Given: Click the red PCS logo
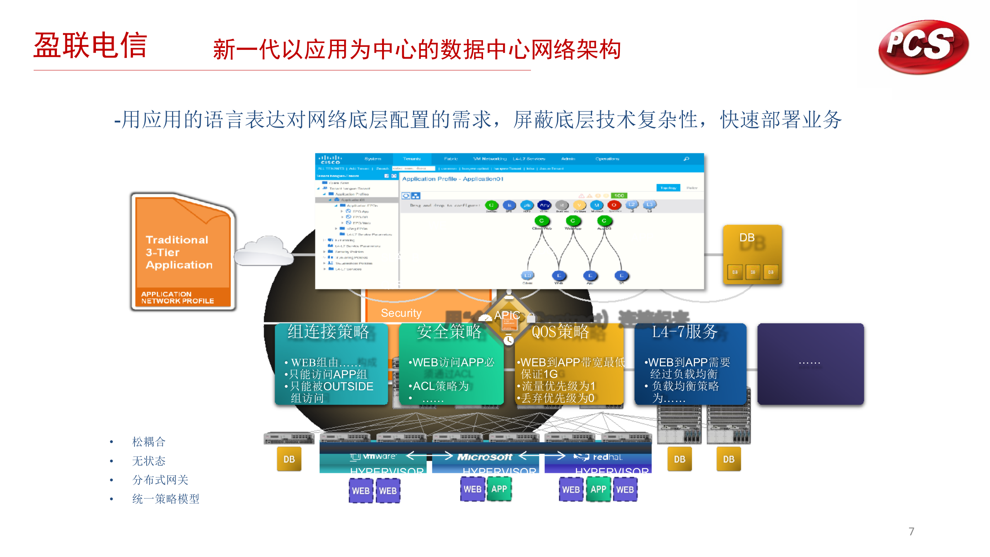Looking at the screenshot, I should (x=923, y=46).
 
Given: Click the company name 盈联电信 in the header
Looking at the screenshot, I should (x=90, y=46).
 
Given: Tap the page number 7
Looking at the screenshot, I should (x=911, y=531).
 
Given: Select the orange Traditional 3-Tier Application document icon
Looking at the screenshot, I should (x=183, y=251).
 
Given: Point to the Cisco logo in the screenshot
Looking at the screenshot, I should (x=330, y=159).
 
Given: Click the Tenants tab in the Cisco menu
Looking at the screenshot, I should (x=411, y=159).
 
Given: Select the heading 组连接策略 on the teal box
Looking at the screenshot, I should (x=328, y=332).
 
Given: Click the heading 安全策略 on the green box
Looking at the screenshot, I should (x=449, y=332).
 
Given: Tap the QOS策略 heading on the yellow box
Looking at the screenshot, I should (x=560, y=332).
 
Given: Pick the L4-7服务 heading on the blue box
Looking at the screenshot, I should (x=684, y=332).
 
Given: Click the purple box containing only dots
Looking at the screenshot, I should (x=810, y=364).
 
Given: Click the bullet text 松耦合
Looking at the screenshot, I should (x=149, y=442).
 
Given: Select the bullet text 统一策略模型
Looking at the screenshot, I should (x=166, y=499).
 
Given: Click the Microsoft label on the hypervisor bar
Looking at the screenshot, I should (x=485, y=457).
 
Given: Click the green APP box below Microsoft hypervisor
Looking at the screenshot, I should (x=499, y=489).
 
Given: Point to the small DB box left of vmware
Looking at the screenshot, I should (x=289, y=459).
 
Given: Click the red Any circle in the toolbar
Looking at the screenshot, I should (x=544, y=205).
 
